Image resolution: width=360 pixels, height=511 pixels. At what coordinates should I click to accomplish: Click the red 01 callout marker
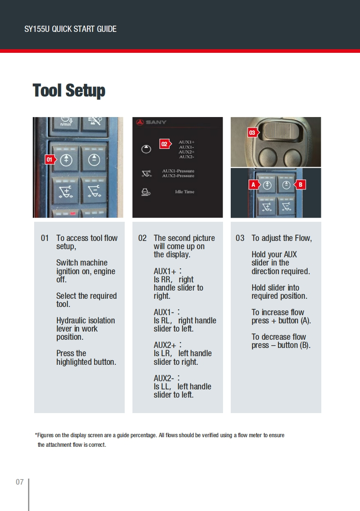tap(50, 159)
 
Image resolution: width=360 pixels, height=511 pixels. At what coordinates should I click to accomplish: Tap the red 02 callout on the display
tap(164, 144)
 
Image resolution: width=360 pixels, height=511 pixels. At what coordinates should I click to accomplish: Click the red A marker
tap(254, 184)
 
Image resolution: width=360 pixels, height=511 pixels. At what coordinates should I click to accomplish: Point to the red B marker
tap(300, 184)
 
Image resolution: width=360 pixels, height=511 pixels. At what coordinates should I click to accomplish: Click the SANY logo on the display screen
tap(152, 122)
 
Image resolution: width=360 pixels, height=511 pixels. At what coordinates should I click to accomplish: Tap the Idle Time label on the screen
tap(184, 192)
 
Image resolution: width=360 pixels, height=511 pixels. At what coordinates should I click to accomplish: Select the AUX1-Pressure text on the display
tap(178, 171)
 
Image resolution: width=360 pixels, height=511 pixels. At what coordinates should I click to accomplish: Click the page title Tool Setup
tap(69, 90)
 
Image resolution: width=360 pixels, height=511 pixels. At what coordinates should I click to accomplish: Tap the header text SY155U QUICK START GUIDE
tap(70, 29)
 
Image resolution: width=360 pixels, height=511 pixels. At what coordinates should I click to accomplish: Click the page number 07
tap(20, 482)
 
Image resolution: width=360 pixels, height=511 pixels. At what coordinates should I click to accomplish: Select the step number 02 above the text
tap(142, 238)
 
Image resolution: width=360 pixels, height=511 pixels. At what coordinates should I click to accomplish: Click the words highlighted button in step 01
tap(86, 362)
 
